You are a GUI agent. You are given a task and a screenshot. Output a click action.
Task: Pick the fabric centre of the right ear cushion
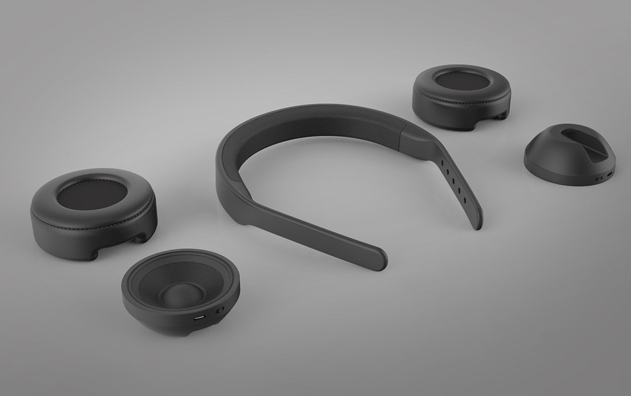coord(460,81)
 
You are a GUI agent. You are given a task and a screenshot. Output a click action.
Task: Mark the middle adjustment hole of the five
coord(454,181)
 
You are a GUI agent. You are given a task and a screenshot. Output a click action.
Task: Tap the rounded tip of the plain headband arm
coord(378,258)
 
